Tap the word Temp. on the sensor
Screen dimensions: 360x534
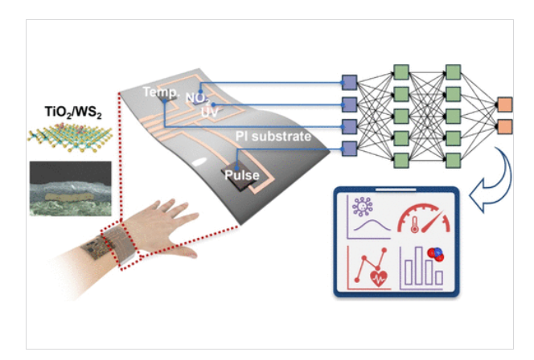(x=159, y=93)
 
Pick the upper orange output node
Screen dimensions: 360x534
(x=504, y=104)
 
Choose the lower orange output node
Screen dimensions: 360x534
(x=504, y=125)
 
